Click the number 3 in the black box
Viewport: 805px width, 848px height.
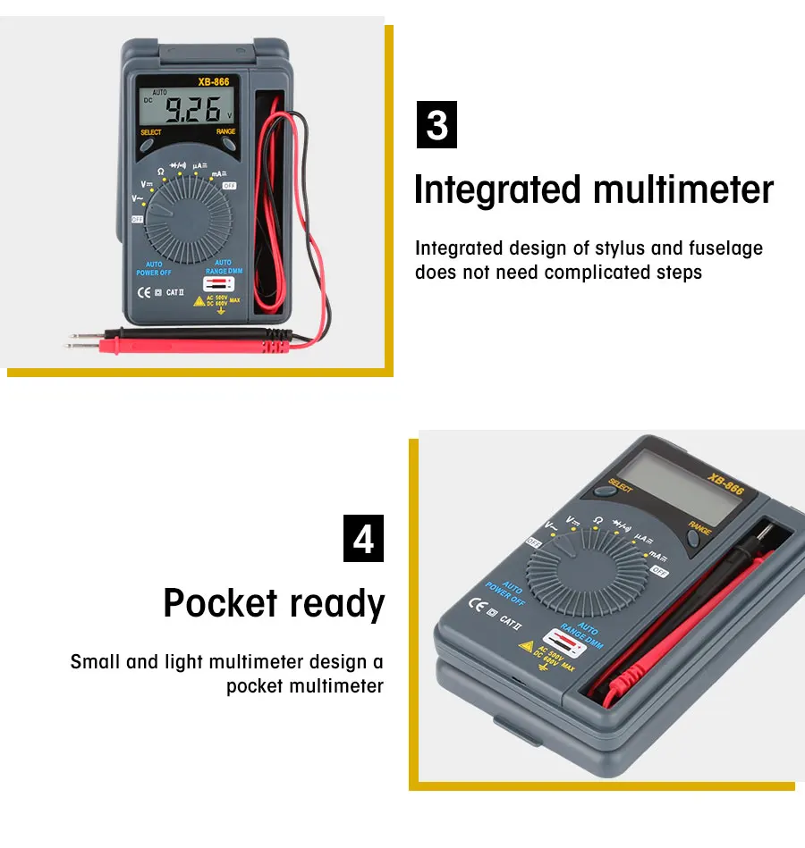[437, 125]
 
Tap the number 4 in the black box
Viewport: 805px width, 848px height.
[363, 539]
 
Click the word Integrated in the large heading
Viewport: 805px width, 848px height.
[496, 190]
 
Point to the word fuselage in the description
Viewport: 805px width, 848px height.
[723, 248]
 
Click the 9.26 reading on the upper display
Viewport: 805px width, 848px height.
[194, 110]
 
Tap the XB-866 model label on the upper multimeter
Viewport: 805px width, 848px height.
[214, 82]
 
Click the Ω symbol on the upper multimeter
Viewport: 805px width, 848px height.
[161, 171]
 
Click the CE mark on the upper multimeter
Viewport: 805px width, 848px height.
[142, 291]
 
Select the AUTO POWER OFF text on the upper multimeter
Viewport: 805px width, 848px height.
[153, 268]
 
